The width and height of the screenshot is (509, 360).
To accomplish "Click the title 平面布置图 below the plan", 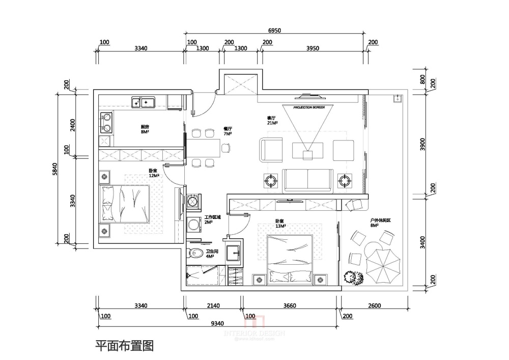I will [x=125, y=346].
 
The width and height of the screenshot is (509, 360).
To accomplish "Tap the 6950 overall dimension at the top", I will [x=274, y=31].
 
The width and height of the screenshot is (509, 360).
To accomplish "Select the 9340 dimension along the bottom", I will [x=217, y=323].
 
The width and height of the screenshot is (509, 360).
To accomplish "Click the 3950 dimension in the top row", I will [x=313, y=48].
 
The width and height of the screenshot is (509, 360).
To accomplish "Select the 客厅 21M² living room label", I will [x=272, y=120].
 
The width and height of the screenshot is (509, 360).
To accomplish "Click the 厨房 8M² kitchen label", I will [x=145, y=129].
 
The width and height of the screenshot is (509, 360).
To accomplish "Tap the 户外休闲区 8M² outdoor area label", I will [x=380, y=223].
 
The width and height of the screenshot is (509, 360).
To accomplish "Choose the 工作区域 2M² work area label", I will [x=212, y=219].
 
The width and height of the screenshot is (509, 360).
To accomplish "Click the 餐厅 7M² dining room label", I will [x=228, y=131].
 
